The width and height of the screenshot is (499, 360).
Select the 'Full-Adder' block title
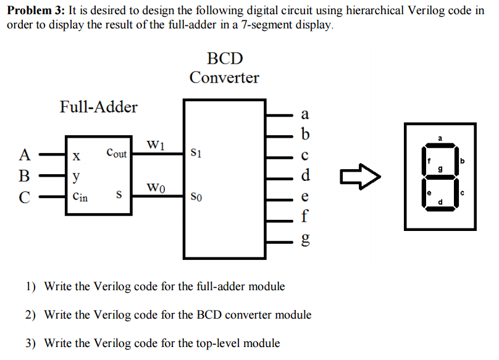pyautogui.click(x=98, y=107)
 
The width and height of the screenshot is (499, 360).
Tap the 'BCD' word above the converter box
pyautogui.click(x=225, y=59)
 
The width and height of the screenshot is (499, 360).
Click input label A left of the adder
pyautogui.click(x=25, y=154)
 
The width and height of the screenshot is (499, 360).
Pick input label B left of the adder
pyautogui.click(x=25, y=175)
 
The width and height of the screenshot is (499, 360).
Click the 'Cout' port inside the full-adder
pyautogui.click(x=116, y=153)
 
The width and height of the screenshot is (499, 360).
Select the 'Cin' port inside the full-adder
pyautogui.click(x=80, y=197)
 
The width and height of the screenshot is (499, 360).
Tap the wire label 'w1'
pyautogui.click(x=156, y=146)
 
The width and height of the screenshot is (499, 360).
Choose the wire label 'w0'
pyautogui.click(x=156, y=187)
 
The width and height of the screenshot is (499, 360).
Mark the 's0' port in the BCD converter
pyautogui.click(x=196, y=198)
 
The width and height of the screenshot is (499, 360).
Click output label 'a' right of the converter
pyautogui.click(x=304, y=114)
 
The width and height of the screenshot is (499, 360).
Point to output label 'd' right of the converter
pyautogui.click(x=304, y=176)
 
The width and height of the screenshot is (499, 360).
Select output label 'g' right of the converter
pyautogui.click(x=304, y=240)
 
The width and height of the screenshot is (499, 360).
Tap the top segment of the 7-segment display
pyautogui.click(x=440, y=147)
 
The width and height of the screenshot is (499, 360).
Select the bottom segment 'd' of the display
pyautogui.click(x=440, y=209)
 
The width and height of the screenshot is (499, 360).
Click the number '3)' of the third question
pyautogui.click(x=31, y=343)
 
